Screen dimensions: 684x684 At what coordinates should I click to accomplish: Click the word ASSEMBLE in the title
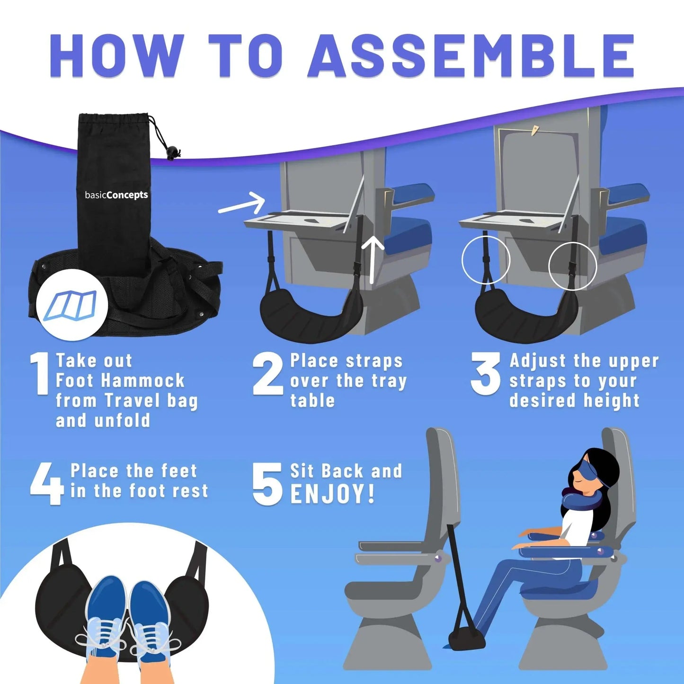[x=471, y=55]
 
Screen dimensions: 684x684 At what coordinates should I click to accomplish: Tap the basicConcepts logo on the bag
[x=116, y=195]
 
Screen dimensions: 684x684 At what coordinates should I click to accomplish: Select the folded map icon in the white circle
[x=73, y=305]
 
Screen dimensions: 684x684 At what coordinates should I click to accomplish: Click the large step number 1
[x=40, y=373]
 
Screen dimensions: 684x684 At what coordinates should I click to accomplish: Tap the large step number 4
[x=46, y=484]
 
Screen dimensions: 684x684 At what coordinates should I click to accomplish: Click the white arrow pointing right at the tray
[x=242, y=204]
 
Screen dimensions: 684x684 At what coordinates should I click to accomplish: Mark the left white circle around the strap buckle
[x=486, y=260]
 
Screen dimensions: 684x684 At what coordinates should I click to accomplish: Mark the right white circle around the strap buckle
[x=572, y=266]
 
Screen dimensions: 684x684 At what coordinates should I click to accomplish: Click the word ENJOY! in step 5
[x=333, y=494]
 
